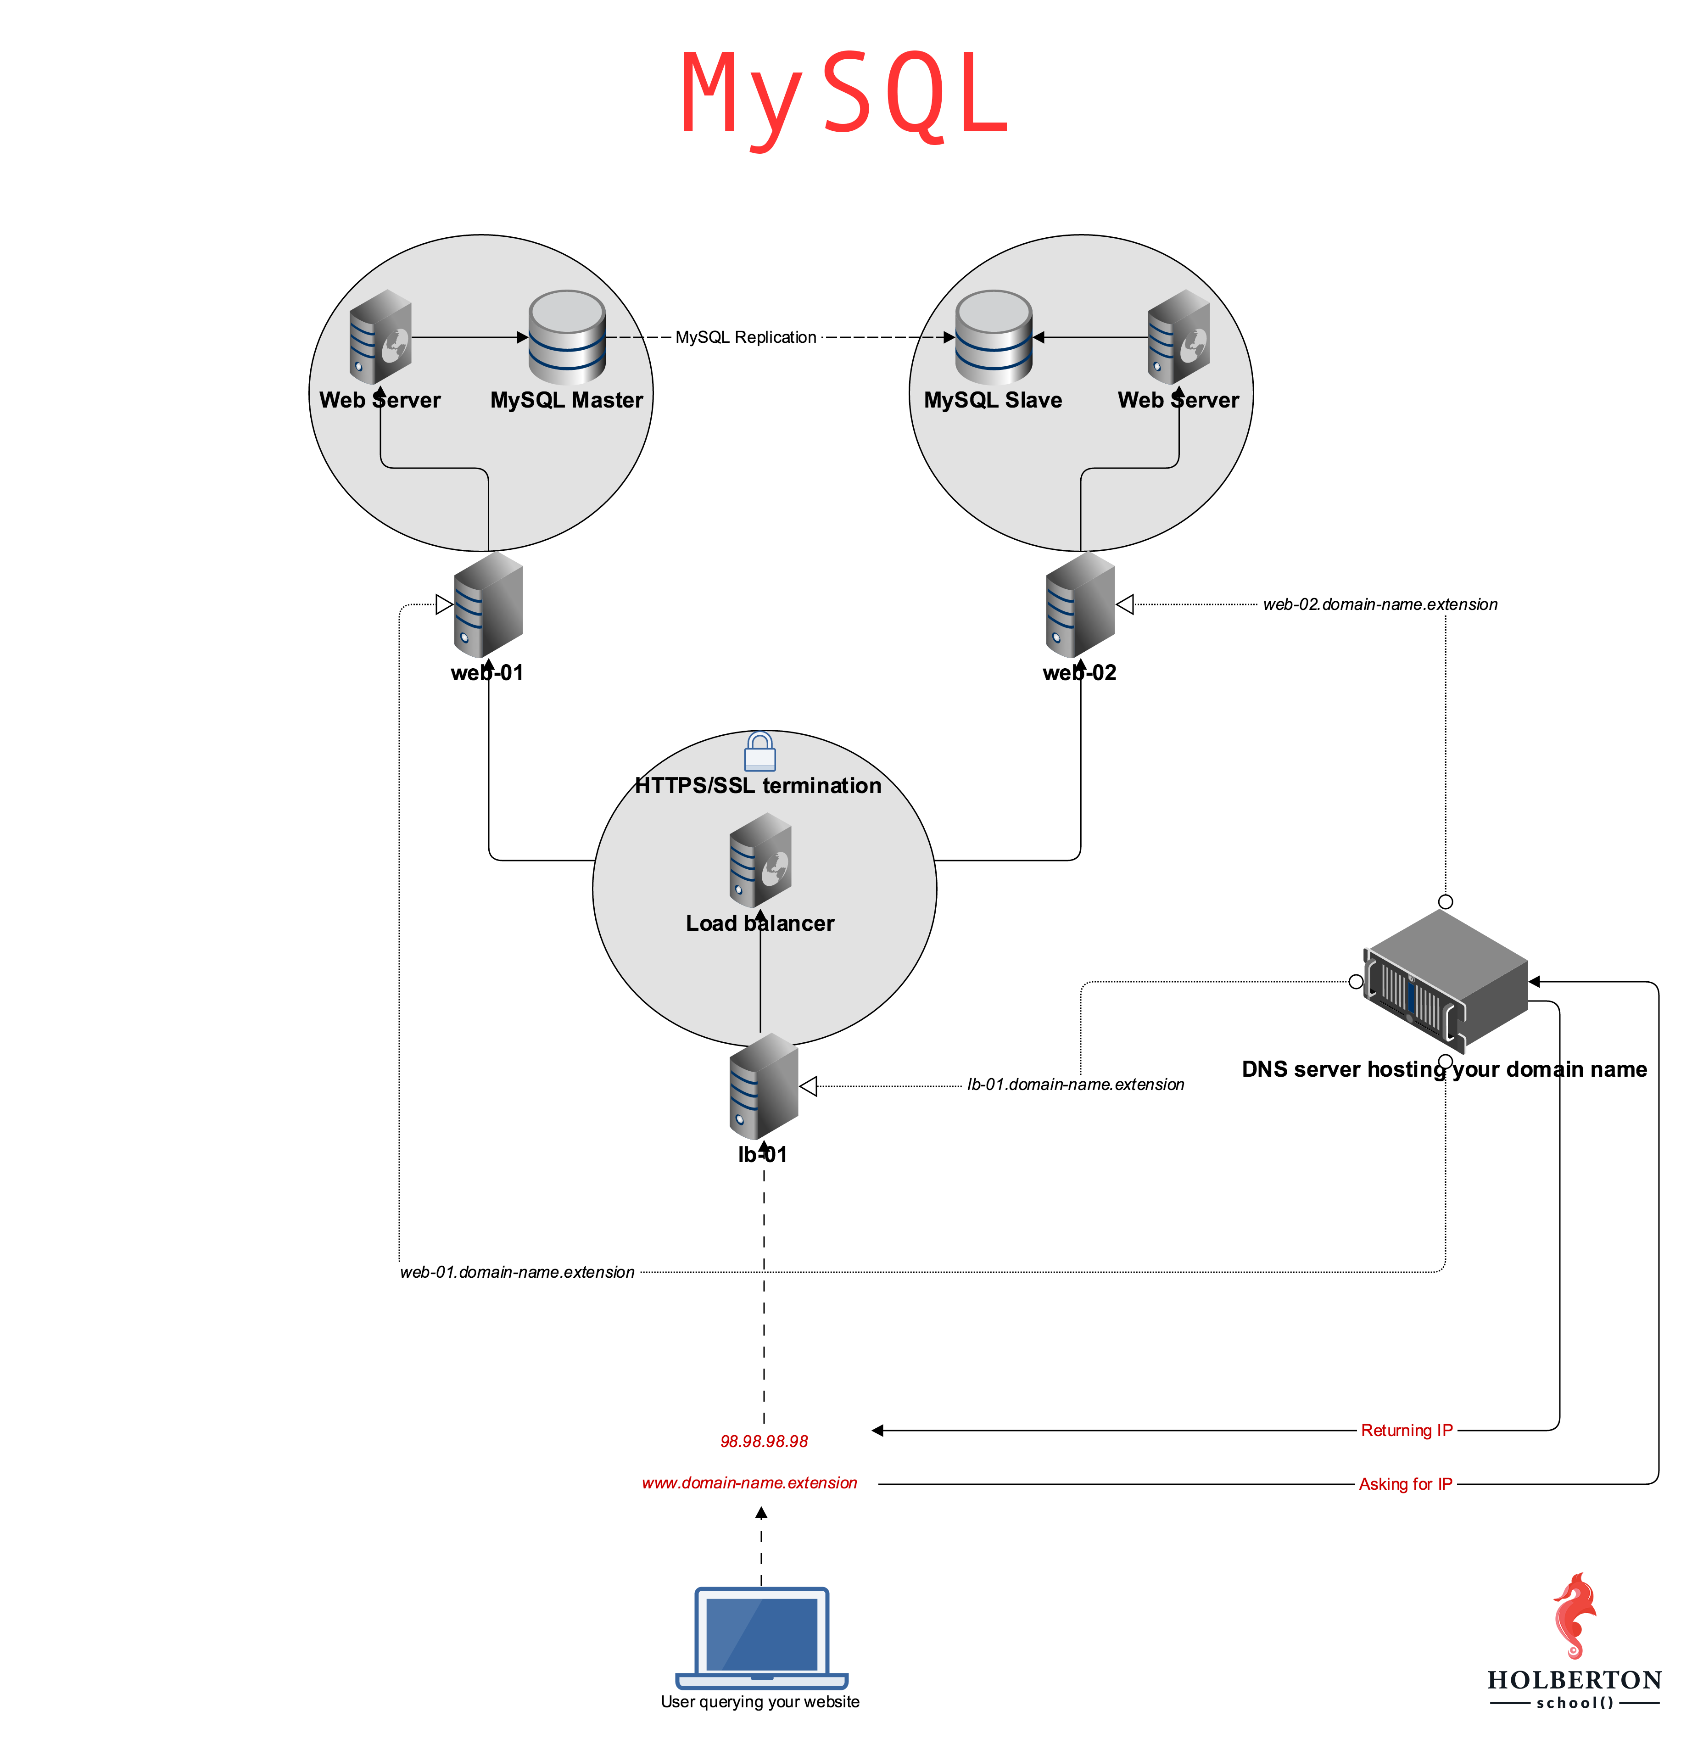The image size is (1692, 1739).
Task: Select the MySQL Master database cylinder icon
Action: [567, 338]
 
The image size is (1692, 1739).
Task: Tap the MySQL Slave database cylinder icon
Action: [994, 338]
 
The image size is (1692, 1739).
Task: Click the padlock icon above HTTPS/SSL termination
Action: [760, 752]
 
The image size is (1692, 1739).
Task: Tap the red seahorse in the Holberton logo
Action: [1575, 1616]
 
